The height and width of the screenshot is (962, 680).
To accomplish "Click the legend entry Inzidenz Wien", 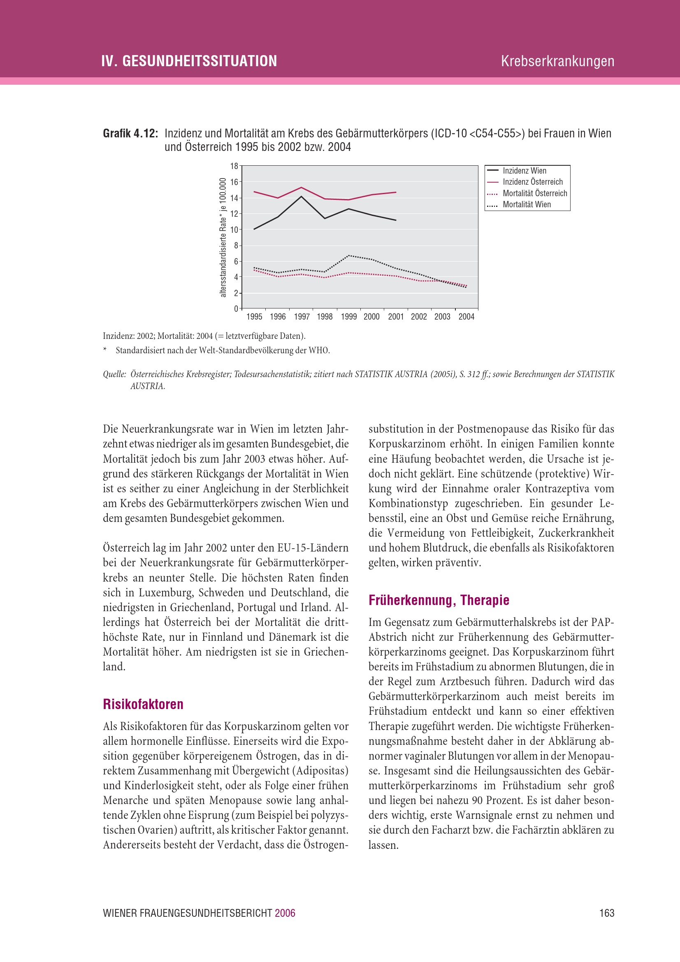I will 524,171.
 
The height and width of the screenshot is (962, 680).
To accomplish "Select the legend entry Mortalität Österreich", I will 535,193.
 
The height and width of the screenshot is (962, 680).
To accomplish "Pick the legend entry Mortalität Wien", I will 527,204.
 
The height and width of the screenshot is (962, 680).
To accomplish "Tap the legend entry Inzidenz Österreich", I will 532,182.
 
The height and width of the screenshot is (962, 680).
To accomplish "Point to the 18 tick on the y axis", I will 234,166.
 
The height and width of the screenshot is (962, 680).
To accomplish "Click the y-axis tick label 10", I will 234,229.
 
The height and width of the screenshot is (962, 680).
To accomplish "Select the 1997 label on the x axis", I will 302,317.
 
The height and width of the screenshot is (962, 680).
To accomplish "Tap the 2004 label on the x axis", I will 466,317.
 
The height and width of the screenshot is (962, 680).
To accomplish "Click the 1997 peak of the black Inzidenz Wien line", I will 301,196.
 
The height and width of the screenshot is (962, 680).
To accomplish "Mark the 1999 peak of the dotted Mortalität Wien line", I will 348,255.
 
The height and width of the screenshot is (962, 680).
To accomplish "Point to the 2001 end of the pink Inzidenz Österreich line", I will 396,192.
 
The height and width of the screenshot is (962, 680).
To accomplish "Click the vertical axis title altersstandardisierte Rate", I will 223,238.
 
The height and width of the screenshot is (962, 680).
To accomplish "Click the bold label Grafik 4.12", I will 130,134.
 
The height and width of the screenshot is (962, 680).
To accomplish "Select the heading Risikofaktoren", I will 143,704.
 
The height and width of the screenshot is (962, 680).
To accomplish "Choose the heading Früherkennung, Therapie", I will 439,600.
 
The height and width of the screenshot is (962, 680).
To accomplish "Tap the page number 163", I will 607,913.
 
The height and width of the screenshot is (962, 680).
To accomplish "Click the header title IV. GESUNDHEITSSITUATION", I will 189,61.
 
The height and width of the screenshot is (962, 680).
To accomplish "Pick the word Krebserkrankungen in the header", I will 557,61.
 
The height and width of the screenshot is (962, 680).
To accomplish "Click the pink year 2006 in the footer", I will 285,913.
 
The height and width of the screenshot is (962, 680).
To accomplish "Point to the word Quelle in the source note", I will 114,374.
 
